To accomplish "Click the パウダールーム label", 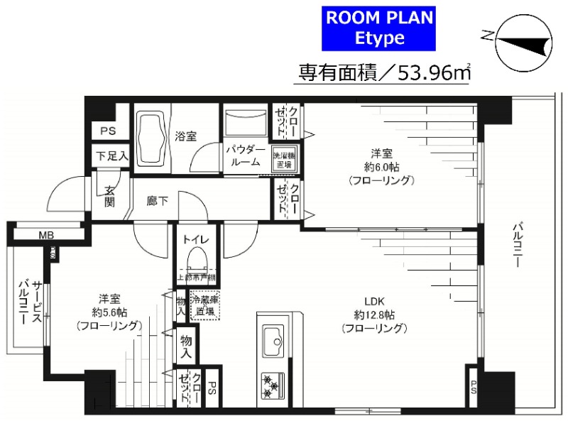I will (246, 156).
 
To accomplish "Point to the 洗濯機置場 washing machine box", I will (283, 158).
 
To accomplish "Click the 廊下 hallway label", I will (158, 201).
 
